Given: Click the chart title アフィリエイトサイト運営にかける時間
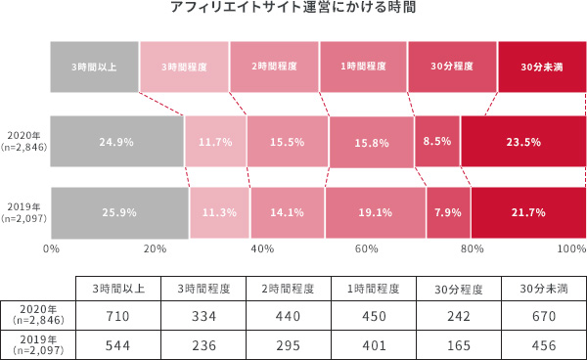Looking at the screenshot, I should (x=293, y=12).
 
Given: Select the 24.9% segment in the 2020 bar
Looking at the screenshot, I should (x=116, y=141).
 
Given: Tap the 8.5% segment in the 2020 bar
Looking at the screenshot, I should (x=437, y=141).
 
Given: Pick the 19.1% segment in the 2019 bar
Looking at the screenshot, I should (x=375, y=211).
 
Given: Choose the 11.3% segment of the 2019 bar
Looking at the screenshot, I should (x=219, y=211).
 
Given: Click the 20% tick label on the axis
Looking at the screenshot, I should (x=154, y=248).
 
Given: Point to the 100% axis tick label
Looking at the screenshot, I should (x=570, y=248).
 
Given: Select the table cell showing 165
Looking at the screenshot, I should (x=454, y=345).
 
